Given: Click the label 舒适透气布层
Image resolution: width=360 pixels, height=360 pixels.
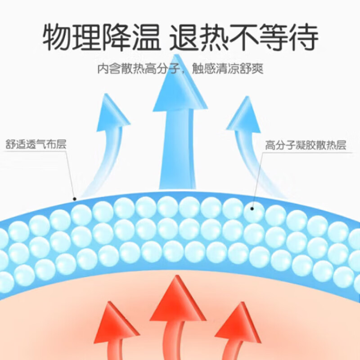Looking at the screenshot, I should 36,145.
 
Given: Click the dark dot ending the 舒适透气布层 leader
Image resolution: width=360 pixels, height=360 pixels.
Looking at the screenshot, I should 75,199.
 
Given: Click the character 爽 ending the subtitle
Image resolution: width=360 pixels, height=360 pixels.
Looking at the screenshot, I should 257,69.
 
